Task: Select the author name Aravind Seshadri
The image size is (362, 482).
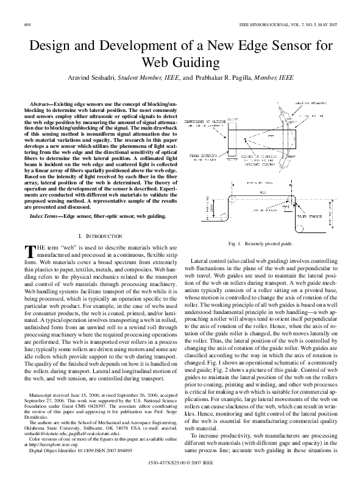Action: (x=90, y=79)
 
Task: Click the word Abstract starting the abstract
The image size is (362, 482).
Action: (x=42, y=105)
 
